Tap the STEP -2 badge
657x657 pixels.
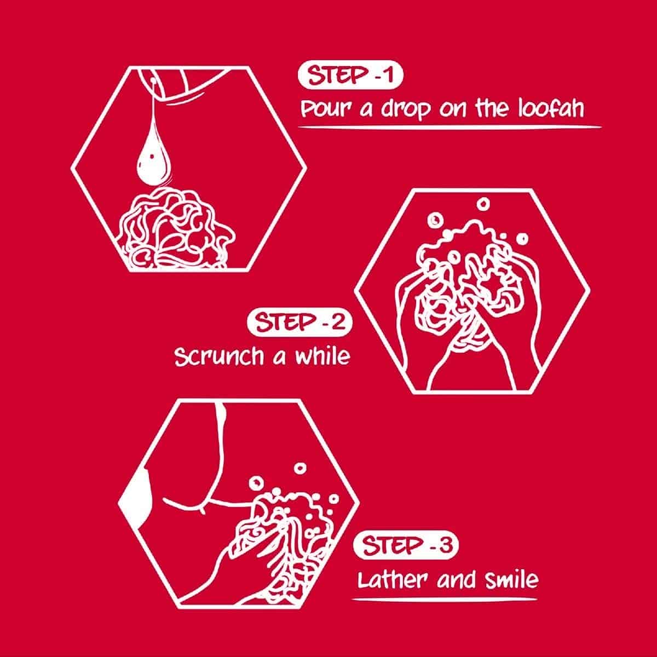coord(299,322)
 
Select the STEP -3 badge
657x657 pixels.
coord(406,545)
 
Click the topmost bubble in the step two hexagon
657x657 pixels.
coord(483,204)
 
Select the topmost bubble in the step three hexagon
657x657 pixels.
coord(300,468)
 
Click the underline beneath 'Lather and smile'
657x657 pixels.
coord(444,599)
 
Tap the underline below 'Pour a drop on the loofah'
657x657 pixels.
coord(449,127)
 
